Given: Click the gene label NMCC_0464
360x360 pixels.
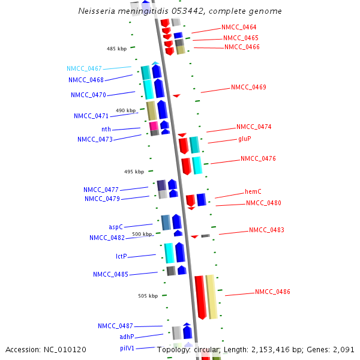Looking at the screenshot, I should click(239, 28).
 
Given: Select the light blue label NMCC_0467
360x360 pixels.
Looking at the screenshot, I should click(84, 69).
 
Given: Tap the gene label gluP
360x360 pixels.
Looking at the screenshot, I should click(244, 139).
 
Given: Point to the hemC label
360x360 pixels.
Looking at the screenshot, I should click(253, 192).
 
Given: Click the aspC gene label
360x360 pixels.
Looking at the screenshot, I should click(116, 227).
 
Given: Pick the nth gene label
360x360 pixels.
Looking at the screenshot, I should click(106, 130).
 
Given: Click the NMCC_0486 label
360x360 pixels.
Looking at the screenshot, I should click(272, 292).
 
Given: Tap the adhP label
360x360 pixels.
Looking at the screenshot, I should click(127, 337).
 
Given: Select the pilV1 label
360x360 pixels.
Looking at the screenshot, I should click(127, 348).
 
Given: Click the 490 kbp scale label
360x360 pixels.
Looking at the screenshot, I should click(125, 110).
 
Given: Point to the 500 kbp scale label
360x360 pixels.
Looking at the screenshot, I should click(142, 234).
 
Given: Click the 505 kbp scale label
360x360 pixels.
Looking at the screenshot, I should click(148, 296).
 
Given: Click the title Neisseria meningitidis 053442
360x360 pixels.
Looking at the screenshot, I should click(180, 11).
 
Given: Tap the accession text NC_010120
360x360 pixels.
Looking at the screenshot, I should click(46, 349).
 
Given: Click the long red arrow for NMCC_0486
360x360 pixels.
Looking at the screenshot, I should click(200, 297).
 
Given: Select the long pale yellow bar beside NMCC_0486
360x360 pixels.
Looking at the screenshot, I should click(211, 296).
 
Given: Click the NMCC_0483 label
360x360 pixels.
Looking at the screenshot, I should click(266, 230).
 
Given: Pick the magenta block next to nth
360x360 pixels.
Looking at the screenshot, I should click(154, 126).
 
